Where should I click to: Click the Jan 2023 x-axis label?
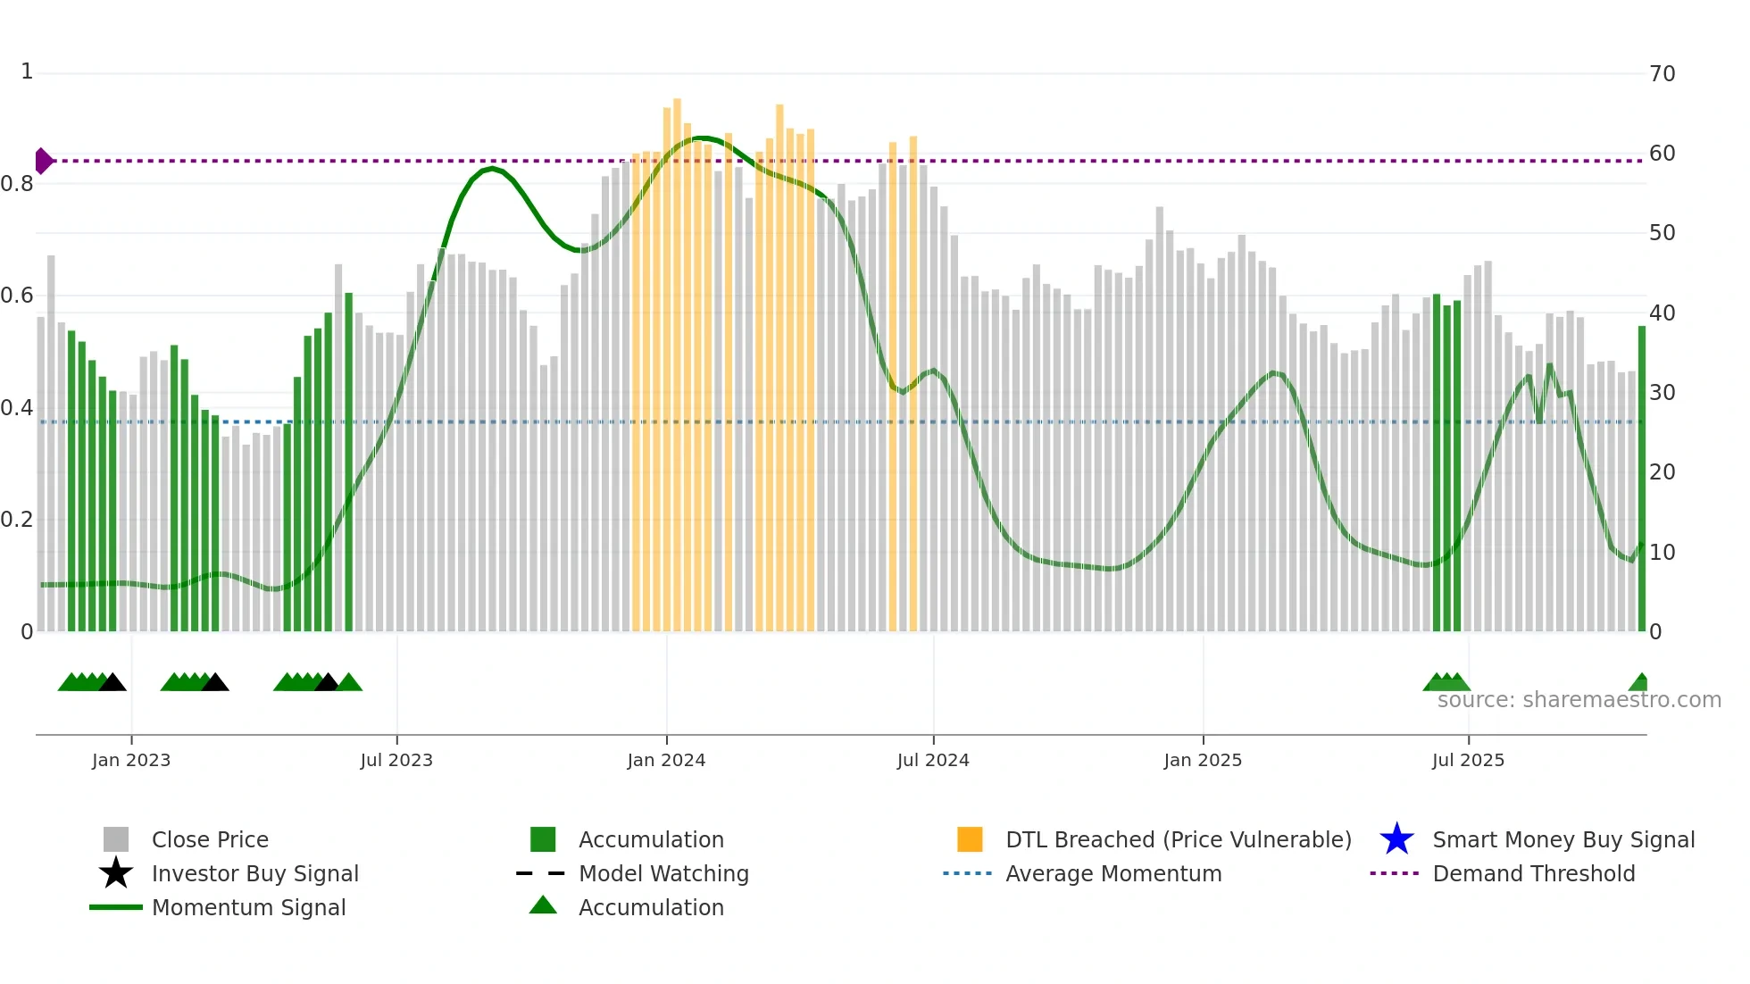pos(131,760)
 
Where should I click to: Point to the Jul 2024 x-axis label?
pos(933,760)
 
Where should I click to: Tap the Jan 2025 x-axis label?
pos(1203,760)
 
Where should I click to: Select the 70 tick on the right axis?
pos(1662,74)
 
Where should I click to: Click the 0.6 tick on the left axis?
pos(17,296)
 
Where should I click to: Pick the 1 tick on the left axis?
pos(27,71)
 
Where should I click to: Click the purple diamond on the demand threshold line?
pos(43,161)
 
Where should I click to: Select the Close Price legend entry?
pos(210,839)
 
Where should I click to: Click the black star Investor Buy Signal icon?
pos(116,873)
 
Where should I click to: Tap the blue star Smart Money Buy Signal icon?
pos(1396,839)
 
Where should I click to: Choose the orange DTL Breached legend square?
pos(970,839)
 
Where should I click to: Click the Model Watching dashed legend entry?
pos(663,873)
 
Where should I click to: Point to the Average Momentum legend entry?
pos(1113,873)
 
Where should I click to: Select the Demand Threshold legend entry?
pos(1533,873)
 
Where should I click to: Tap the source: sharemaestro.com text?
pos(1579,700)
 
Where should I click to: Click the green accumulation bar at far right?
pos(1641,482)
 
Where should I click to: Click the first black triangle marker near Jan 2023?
pos(112,683)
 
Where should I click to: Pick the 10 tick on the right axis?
pos(1662,553)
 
